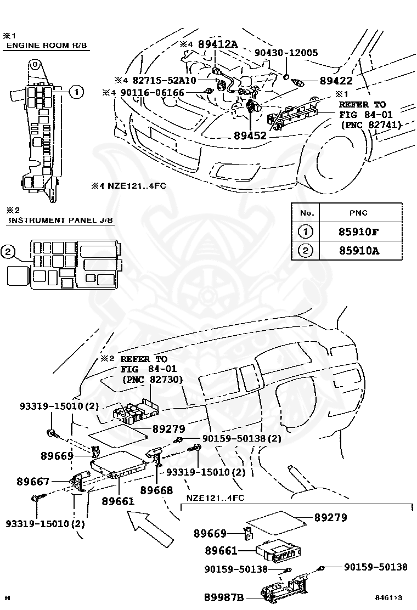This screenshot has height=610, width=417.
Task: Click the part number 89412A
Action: click(x=217, y=44)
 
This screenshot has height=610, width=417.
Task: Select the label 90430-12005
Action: click(x=286, y=53)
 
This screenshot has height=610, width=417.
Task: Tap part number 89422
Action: click(x=336, y=81)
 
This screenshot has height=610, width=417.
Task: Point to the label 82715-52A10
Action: click(x=165, y=80)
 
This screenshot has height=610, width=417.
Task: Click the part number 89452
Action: click(x=250, y=136)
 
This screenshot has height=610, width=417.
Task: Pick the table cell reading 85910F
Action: click(x=358, y=232)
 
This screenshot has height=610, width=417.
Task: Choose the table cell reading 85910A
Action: click(x=359, y=251)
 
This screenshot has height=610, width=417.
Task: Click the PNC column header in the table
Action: click(x=358, y=213)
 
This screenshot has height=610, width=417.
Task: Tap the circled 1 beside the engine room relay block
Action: click(x=77, y=92)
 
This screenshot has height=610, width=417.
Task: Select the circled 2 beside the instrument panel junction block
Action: click(x=8, y=252)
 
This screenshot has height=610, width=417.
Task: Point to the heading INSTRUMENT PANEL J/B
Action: click(x=61, y=220)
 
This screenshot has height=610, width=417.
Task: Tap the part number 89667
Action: click(x=33, y=482)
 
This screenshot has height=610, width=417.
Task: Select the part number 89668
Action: click(x=156, y=490)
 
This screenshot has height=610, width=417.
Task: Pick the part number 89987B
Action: click(x=224, y=597)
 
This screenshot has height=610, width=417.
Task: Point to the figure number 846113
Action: click(x=388, y=597)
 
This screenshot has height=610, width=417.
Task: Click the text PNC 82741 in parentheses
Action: click(x=371, y=125)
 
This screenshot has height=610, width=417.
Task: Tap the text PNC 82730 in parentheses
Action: click(x=152, y=379)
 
